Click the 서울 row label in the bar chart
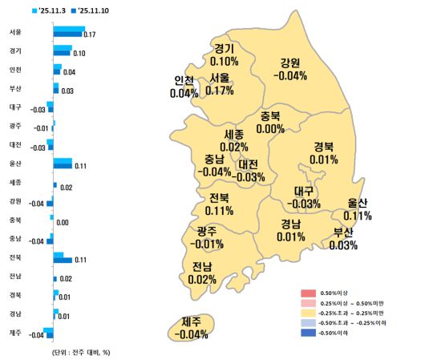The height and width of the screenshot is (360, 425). coord(15,33)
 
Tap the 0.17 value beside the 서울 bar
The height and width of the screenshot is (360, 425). coord(89,35)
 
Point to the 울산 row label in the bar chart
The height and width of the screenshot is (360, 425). coord(15,162)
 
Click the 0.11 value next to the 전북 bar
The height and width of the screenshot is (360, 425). coord(79,260)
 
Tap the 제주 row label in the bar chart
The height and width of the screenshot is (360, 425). coord(15,332)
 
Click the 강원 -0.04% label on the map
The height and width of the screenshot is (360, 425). coord(289,69)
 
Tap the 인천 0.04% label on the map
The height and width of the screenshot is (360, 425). coord(184,87)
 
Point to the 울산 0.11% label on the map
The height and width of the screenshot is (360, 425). coord(357,209)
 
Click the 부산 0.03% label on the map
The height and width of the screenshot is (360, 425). coord(343,239)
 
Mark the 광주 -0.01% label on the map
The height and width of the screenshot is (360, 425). coord(209,238)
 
